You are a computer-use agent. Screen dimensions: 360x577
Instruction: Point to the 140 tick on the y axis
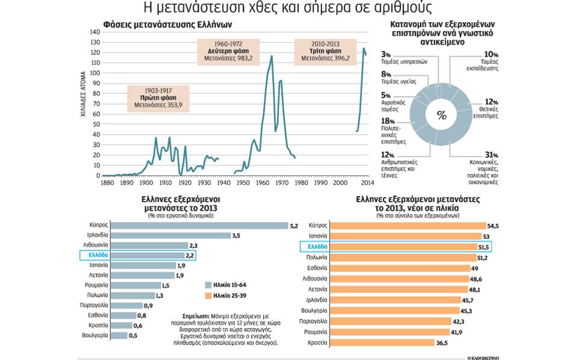coord(95,32)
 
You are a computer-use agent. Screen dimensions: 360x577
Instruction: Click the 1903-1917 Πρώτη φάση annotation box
coord(158,98)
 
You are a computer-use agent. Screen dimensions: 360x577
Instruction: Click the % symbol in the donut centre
coord(441,116)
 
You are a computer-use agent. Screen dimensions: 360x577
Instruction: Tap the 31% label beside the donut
coord(475,155)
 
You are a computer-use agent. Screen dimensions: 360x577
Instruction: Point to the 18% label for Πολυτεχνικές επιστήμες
coord(388,121)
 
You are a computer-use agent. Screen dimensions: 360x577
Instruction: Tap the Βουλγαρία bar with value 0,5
coord(119,335)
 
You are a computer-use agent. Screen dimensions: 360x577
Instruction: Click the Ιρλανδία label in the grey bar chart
coord(96,236)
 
